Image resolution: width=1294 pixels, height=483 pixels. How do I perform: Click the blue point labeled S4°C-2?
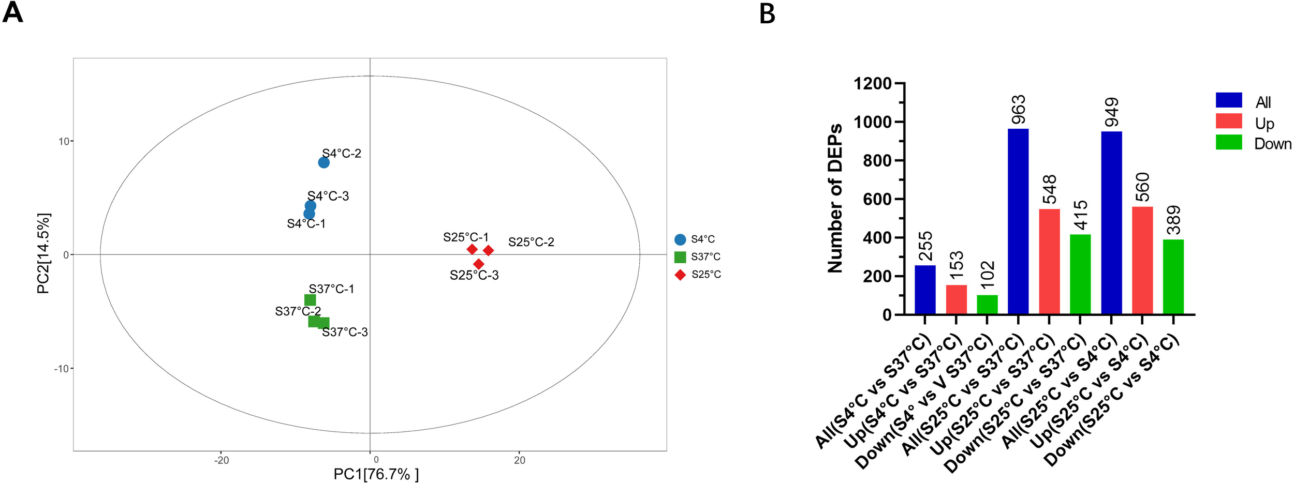pyautogui.click(x=323, y=162)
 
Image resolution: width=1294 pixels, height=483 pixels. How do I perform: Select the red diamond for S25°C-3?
pyautogui.click(x=479, y=264)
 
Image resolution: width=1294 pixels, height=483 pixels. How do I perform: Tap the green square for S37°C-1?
pyautogui.click(x=310, y=300)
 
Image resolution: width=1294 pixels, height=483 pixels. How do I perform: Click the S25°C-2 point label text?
pyautogui.click(x=531, y=242)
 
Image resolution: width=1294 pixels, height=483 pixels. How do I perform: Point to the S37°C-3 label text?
pyautogui.click(x=345, y=332)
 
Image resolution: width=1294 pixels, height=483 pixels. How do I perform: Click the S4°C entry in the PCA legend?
pyautogui.click(x=695, y=239)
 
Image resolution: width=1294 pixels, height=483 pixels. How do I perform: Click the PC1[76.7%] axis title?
pyautogui.click(x=376, y=474)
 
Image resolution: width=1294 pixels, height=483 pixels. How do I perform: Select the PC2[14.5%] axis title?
pyautogui.click(x=43, y=253)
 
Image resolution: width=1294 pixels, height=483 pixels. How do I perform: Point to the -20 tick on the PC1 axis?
pyautogui.click(x=222, y=460)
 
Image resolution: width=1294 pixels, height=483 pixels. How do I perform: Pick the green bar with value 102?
pyautogui.click(x=987, y=305)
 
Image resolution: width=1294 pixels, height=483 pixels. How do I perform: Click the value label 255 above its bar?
pyautogui.click(x=925, y=246)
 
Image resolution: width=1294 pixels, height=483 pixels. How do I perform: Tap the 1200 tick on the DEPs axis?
pyautogui.click(x=872, y=83)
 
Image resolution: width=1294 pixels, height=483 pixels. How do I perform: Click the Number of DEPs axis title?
pyautogui.click(x=835, y=198)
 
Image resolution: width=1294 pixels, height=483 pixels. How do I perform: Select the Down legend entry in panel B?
pyautogui.click(x=1253, y=143)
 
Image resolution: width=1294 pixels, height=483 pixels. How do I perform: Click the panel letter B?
pyautogui.click(x=767, y=14)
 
